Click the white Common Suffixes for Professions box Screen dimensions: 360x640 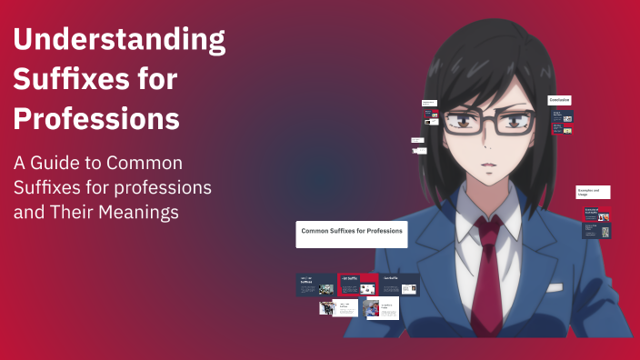tap(352, 234)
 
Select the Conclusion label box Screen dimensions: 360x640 tap(559, 100)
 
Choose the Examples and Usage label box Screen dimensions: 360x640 tap(592, 192)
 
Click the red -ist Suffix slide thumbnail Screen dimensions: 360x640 tap(357, 285)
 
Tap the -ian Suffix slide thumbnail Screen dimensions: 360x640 tap(399, 285)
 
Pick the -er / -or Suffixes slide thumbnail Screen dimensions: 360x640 tap(315, 285)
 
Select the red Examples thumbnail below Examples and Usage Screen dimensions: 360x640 tap(596, 214)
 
